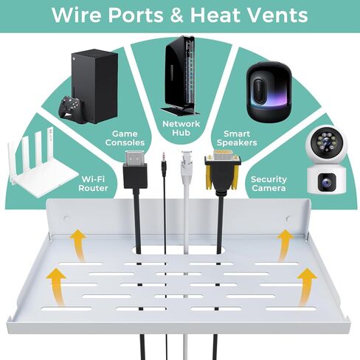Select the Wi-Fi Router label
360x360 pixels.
[93, 184]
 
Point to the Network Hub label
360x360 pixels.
[181, 128]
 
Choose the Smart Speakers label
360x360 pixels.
[237, 138]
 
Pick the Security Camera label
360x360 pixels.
[269, 184]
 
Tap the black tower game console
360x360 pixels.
[95, 86]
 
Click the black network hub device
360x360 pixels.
[180, 76]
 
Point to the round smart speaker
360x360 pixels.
[269, 91]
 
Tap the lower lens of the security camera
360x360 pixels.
[326, 182]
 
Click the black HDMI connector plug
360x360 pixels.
[135, 170]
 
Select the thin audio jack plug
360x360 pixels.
[164, 165]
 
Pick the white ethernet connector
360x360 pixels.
[187, 168]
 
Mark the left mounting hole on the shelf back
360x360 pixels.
[66, 218]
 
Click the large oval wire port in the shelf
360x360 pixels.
[178, 250]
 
